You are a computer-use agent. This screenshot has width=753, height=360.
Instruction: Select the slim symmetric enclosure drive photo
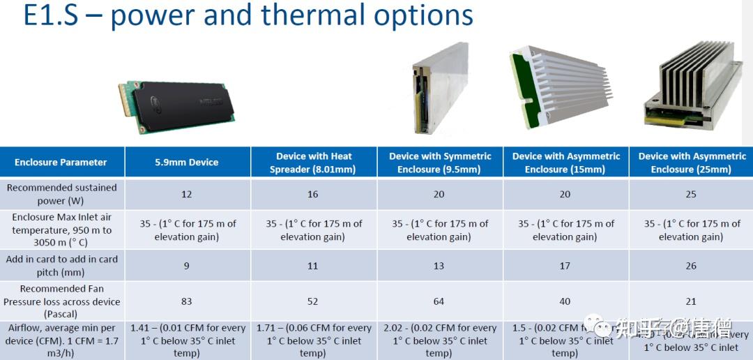pyautogui.click(x=440, y=89)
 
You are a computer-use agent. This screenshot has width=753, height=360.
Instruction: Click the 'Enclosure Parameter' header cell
pyautogui.click(x=61, y=163)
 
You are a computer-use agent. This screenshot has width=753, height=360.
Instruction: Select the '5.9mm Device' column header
pyautogui.click(x=186, y=163)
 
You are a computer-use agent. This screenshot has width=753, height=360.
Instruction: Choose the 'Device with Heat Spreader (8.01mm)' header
pyautogui.click(x=312, y=163)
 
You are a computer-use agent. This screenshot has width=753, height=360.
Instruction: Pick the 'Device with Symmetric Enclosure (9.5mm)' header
pyautogui.click(x=439, y=163)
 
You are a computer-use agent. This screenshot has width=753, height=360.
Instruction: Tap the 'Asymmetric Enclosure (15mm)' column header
pyautogui.click(x=565, y=163)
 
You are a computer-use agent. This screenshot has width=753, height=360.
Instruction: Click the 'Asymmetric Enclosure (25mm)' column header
pyautogui.click(x=692, y=163)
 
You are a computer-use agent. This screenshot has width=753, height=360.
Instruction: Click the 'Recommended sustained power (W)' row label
pyautogui.click(x=61, y=194)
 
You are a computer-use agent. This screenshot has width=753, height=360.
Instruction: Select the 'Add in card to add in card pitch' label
pyautogui.click(x=61, y=266)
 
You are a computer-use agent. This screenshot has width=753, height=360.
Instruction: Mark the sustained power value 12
pyautogui.click(x=186, y=194)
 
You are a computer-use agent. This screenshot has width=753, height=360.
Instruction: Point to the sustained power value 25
pyautogui.click(x=691, y=194)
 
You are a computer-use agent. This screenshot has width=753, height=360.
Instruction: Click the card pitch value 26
pyautogui.click(x=691, y=266)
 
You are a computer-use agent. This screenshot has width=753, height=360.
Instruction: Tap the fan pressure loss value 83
pyautogui.click(x=186, y=301)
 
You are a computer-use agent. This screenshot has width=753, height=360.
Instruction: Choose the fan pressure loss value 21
pyautogui.click(x=691, y=301)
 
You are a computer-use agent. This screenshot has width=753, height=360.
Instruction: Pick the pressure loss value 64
pyautogui.click(x=439, y=301)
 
